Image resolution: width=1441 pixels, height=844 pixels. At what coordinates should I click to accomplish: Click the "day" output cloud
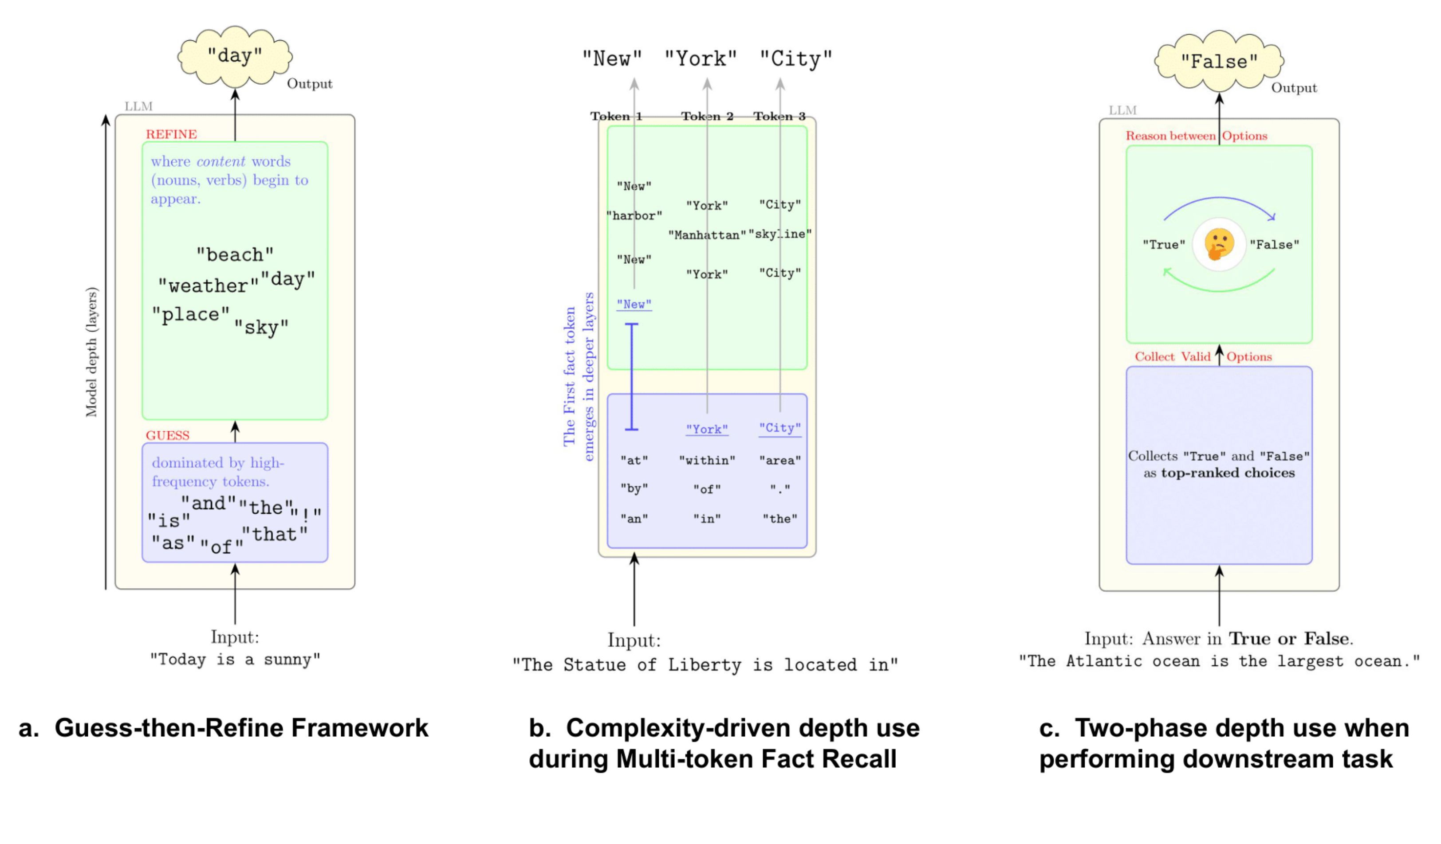[234, 56]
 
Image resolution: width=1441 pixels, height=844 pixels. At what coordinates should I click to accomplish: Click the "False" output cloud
[1219, 61]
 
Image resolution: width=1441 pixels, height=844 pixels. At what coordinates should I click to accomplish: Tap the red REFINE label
[171, 134]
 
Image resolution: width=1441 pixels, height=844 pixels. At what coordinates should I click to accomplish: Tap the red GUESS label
[167, 435]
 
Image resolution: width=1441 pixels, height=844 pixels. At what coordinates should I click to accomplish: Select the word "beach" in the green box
[234, 255]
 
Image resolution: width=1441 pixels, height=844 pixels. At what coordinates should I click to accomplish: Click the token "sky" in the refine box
[261, 328]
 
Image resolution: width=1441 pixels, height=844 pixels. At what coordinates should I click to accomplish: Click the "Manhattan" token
[707, 235]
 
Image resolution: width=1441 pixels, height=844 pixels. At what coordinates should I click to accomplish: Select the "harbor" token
[634, 216]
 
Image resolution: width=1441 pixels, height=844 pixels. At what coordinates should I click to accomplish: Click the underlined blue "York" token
[707, 429]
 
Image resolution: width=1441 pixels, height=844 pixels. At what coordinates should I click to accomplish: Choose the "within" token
[707, 461]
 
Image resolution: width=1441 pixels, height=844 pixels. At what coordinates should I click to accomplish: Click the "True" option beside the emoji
[1164, 245]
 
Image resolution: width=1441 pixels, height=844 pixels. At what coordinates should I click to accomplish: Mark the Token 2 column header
[707, 117]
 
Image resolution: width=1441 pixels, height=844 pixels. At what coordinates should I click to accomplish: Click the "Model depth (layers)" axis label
[91, 352]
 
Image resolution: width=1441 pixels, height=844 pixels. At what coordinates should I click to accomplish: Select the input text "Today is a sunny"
[234, 660]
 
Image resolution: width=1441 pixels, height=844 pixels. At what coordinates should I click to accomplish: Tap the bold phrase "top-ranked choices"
[1228, 473]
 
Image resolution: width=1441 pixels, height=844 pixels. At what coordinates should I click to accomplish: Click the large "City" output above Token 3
[795, 59]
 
